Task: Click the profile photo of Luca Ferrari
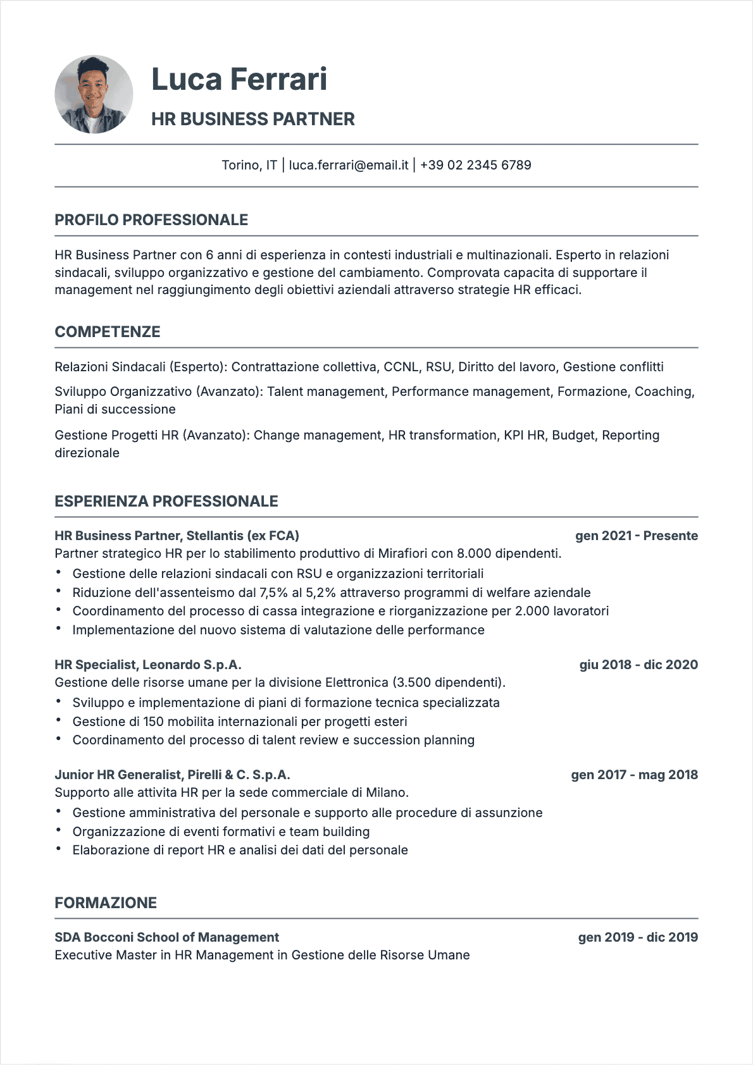point(94,94)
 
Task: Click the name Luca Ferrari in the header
point(239,80)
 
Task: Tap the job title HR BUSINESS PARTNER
point(252,119)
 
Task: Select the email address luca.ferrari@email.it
point(349,165)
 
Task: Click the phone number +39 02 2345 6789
point(475,165)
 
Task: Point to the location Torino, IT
point(249,165)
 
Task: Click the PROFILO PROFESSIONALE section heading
point(151,220)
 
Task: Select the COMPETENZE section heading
point(108,332)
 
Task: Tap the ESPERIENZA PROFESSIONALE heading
point(166,502)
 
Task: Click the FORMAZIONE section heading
point(106,903)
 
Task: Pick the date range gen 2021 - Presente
point(636,536)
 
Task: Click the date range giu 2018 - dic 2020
point(638,665)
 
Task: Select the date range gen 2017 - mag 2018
point(634,775)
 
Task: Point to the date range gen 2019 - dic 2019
point(638,937)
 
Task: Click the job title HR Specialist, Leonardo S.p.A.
point(148,665)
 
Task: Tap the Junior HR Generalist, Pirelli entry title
point(172,775)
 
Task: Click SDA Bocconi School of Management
point(166,937)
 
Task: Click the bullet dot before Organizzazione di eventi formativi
point(58,830)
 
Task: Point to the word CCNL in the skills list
point(401,367)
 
